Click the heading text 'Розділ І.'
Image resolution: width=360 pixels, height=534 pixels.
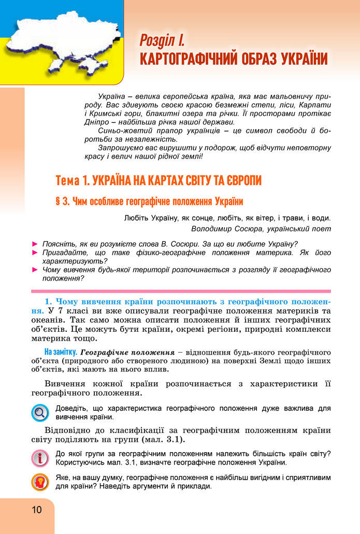[x=162, y=40]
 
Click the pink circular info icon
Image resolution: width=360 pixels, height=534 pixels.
[x=39, y=458]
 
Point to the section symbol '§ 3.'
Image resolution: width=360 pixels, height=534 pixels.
[x=64, y=201]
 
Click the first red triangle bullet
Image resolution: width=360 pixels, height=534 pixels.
[x=35, y=244]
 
